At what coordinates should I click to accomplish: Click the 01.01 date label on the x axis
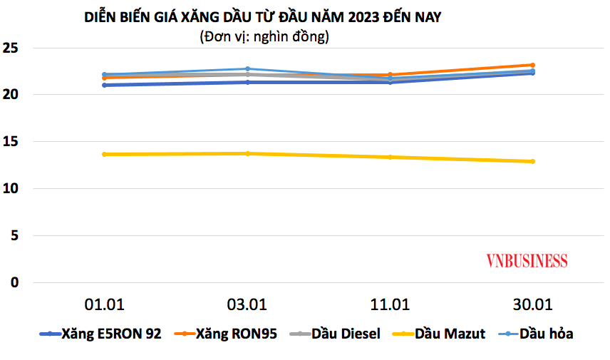[x=104, y=305]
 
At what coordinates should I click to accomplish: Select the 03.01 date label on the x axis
[x=247, y=305]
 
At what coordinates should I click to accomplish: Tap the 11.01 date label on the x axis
[x=390, y=305]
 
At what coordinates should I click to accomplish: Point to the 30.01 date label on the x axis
[x=532, y=305]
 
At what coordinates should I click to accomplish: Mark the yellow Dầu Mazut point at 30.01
[x=532, y=161]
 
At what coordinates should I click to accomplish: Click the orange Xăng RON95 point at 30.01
[x=532, y=65]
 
